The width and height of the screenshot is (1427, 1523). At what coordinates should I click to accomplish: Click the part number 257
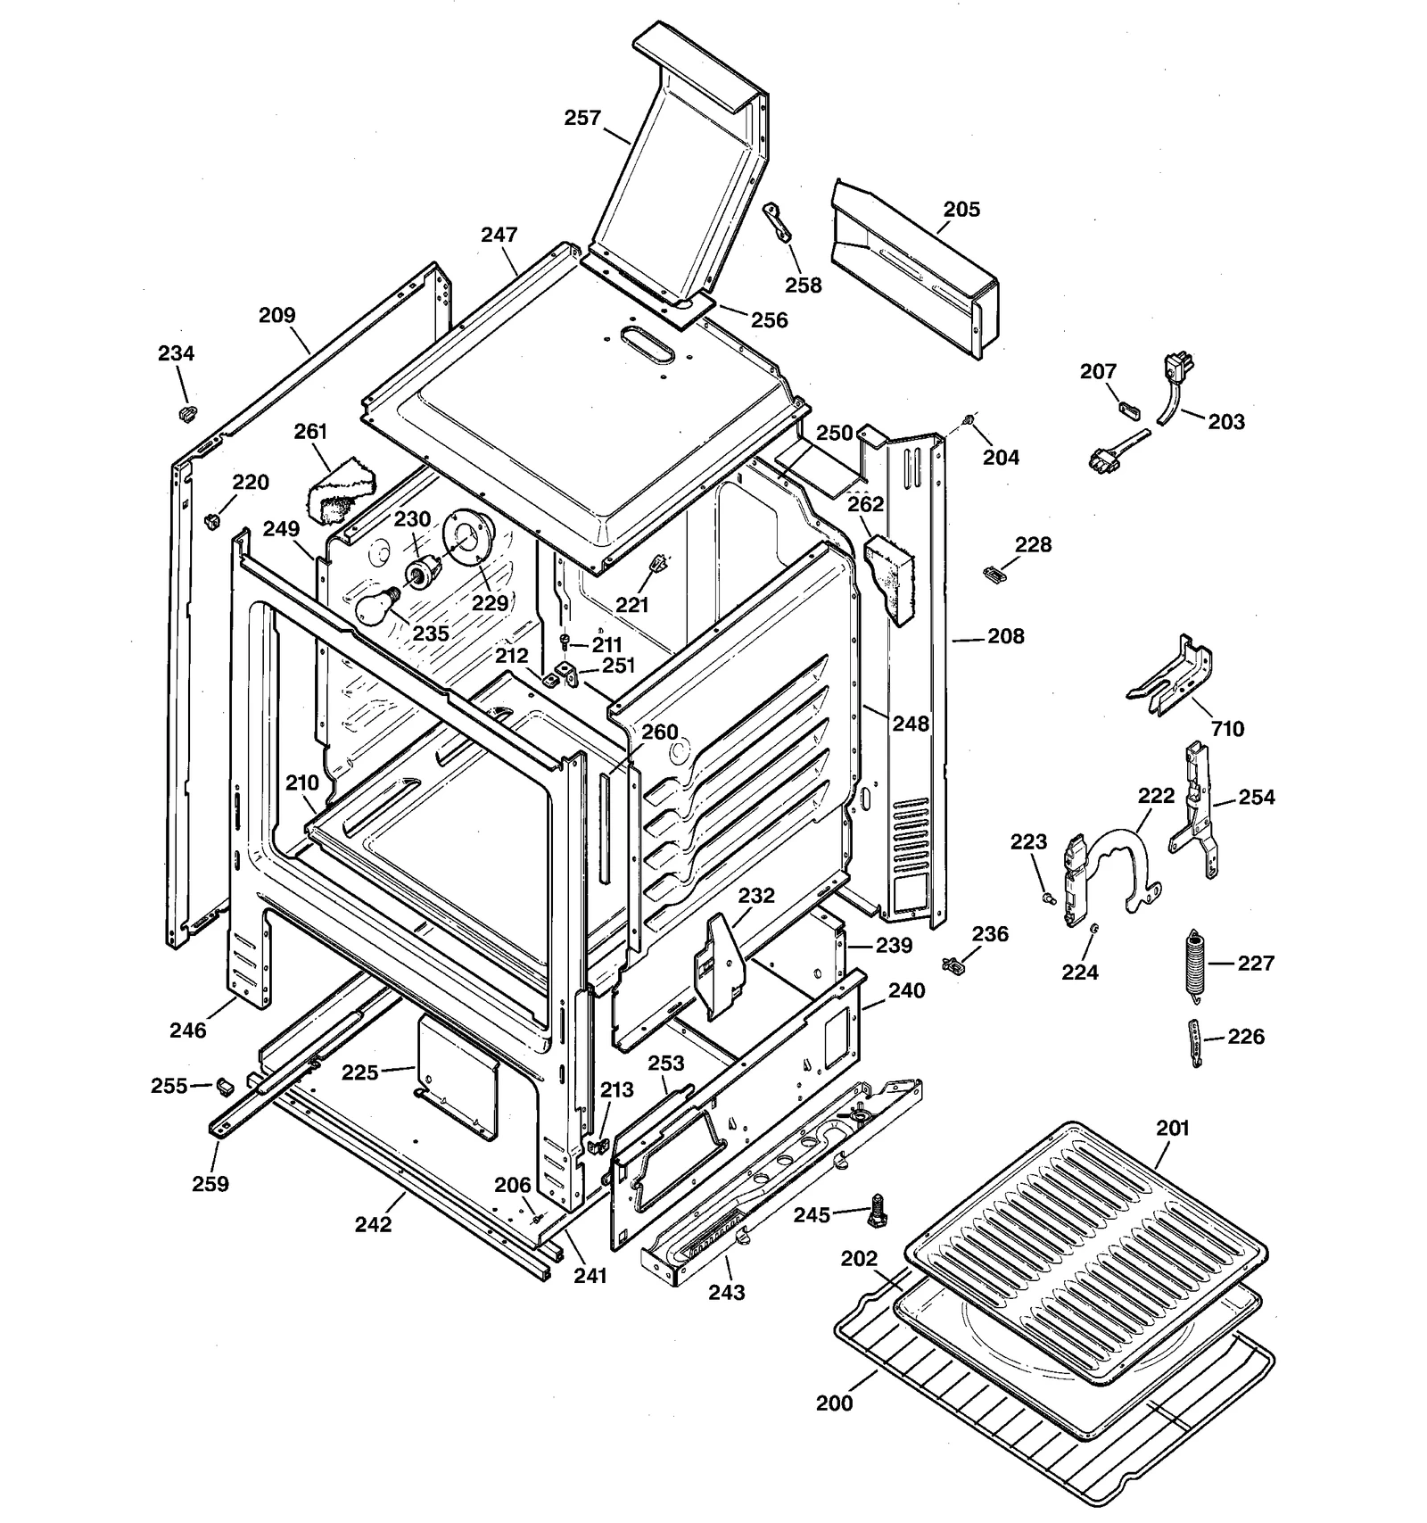[x=582, y=118]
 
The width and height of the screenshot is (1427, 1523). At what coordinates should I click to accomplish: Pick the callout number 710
[x=1227, y=729]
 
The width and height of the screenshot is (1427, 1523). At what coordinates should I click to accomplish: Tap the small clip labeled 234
[x=187, y=413]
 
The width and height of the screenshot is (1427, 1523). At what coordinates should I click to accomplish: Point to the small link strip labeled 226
[x=1196, y=1042]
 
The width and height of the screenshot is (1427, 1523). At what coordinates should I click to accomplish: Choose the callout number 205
[x=961, y=210]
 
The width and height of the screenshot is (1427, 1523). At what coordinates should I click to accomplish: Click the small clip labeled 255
[x=224, y=1085]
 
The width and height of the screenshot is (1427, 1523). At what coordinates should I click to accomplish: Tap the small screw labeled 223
[x=1048, y=897]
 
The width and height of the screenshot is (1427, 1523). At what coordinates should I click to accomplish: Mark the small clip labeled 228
[x=991, y=572]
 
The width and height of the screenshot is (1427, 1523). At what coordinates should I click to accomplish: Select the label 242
[x=373, y=1224]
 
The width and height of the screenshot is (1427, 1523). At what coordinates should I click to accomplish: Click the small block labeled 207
[x=1129, y=409]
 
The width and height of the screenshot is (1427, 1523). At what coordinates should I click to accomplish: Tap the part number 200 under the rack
[x=834, y=1403]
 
